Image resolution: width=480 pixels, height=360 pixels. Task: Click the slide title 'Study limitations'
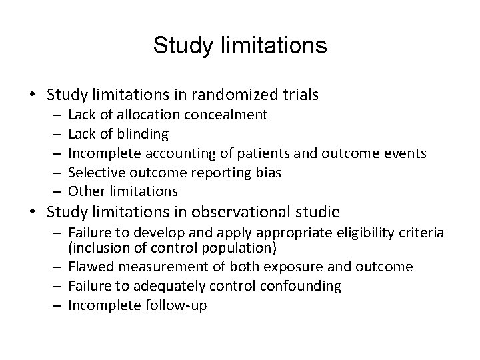point(240,46)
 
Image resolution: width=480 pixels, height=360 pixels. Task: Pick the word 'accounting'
point(176,153)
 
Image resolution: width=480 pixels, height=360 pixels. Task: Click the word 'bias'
point(268,173)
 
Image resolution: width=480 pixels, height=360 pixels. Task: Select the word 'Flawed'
point(91,267)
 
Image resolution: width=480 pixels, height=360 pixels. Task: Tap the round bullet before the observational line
point(31,213)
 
